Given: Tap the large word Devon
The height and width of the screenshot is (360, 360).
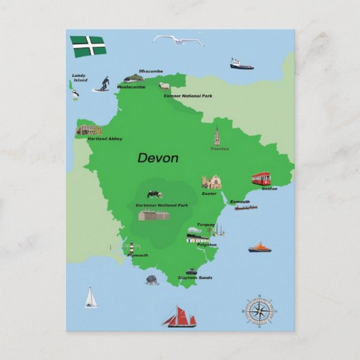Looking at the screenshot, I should (x=158, y=158).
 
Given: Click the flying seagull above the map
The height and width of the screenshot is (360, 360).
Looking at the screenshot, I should (x=178, y=41).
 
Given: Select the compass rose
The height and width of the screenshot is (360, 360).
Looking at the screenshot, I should (x=258, y=312).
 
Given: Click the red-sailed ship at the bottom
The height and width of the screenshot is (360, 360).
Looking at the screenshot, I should (x=179, y=316).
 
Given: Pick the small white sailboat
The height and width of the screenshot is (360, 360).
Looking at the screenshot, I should (x=91, y=298).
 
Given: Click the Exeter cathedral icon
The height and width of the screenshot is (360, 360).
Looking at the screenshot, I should (x=211, y=182).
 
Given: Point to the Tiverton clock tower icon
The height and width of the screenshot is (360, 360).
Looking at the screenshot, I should (x=217, y=136).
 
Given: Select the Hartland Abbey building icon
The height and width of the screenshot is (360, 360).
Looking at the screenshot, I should (x=88, y=130).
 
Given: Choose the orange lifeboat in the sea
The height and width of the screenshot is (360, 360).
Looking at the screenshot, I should (x=259, y=247).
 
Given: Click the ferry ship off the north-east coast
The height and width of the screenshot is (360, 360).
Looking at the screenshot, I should (x=240, y=65).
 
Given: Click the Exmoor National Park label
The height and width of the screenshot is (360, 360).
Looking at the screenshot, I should (x=187, y=96).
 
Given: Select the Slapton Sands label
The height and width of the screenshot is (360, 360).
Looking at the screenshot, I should (x=195, y=278).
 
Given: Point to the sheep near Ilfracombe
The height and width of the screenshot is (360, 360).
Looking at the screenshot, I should (x=163, y=86).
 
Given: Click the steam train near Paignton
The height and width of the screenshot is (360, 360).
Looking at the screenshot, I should (x=197, y=236).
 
